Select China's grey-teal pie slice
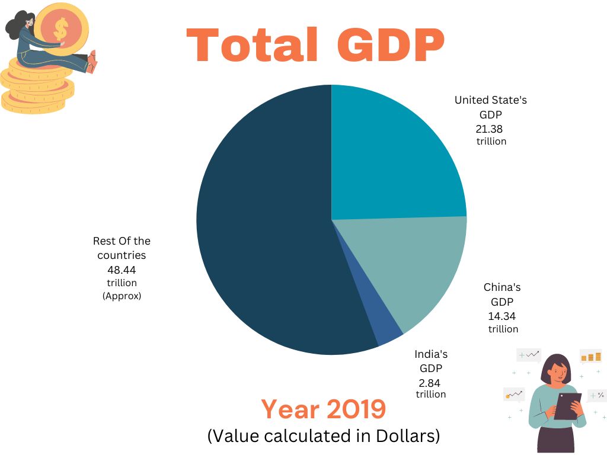pyautogui.click(x=415, y=267)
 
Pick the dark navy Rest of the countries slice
pyautogui.click(x=267, y=237)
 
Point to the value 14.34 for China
pyautogui.click(x=501, y=316)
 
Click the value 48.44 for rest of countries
pyautogui.click(x=122, y=270)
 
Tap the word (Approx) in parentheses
pyautogui.click(x=122, y=296)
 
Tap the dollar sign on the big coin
pyautogui.click(x=61, y=27)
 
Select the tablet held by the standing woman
pyautogui.click(x=567, y=406)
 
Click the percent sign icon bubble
pyautogui.click(x=596, y=395)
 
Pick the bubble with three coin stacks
pyautogui.click(x=591, y=357)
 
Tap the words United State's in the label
pyautogui.click(x=490, y=100)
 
